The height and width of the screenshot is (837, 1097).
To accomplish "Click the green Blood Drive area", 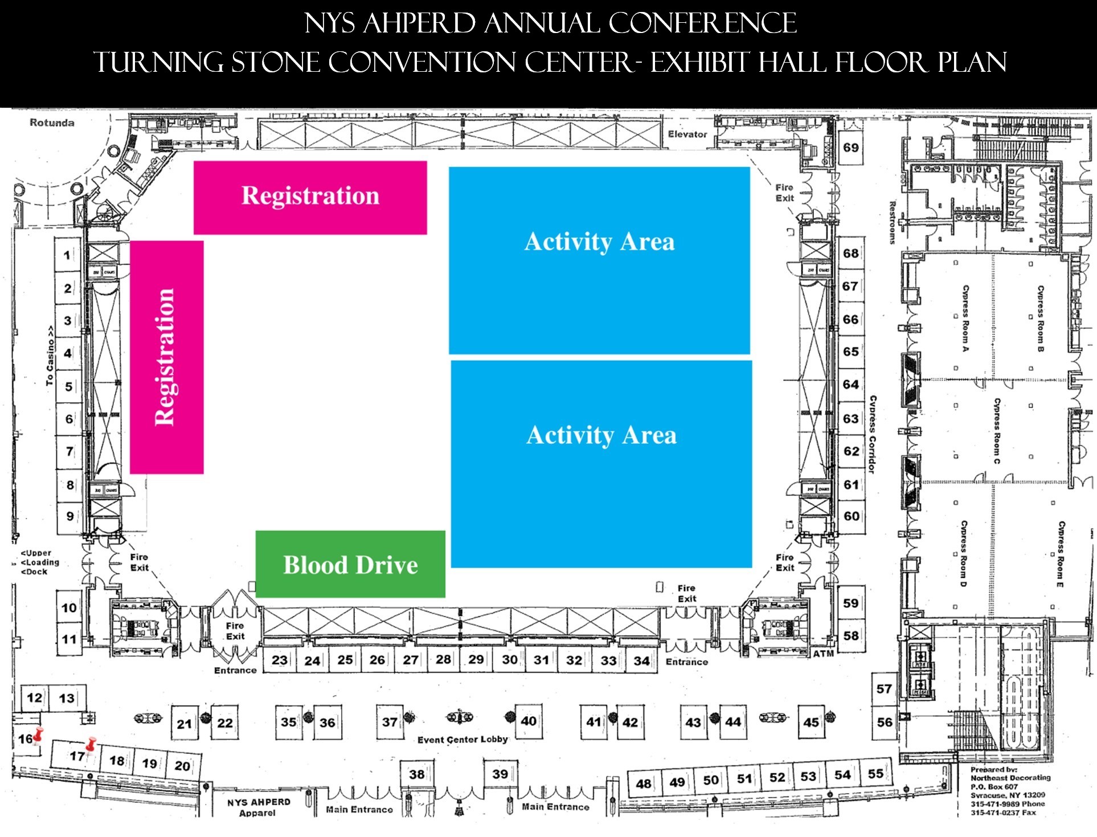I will click(350, 564).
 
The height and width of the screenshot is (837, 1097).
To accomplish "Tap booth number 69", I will click(851, 148).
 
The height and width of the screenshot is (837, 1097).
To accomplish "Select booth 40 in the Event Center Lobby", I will click(528, 721).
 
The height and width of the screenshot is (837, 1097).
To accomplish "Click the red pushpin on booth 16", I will click(38, 735).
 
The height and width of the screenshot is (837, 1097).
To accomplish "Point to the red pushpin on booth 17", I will click(91, 744).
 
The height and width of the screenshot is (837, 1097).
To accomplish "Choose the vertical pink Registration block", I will click(166, 357).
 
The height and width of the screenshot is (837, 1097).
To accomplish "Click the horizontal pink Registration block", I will click(310, 197).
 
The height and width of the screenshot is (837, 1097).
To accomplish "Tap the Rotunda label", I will click(52, 123).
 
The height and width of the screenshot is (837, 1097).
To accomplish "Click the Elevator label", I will click(687, 134).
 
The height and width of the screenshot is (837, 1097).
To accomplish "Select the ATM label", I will click(823, 654).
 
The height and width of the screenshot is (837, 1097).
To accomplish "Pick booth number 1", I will click(68, 255).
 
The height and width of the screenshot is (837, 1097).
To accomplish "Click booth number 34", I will click(641, 660).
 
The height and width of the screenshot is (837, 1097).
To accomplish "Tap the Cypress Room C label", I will click(997, 431).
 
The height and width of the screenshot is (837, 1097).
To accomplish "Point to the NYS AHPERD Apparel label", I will click(259, 807).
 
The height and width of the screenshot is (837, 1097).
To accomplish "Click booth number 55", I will click(875, 773).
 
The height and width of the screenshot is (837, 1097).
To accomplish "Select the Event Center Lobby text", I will click(462, 739).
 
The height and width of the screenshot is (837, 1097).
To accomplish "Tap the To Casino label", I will click(51, 356).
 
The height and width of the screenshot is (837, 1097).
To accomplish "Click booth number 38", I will click(416, 774).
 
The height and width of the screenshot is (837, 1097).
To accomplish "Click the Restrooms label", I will click(893, 222).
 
